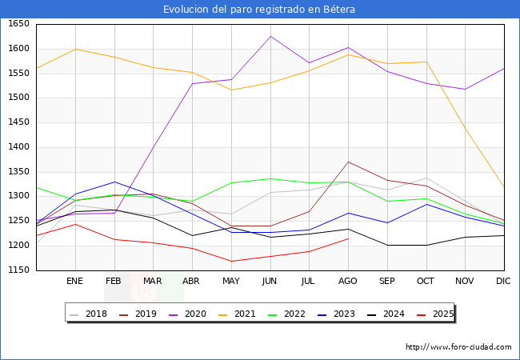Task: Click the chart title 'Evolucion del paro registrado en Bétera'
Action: (259, 10)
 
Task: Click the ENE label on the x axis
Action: (74, 282)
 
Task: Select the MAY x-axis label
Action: (230, 282)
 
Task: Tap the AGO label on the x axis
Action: (348, 282)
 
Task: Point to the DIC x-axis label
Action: (503, 282)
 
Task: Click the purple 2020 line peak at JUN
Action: (270, 36)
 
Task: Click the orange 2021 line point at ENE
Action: (74, 49)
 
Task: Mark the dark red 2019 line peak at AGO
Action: (348, 162)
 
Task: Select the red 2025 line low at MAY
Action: (231, 261)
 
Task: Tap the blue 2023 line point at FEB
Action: (114, 182)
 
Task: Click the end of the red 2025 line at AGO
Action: (348, 238)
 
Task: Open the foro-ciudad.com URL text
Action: (458, 347)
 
